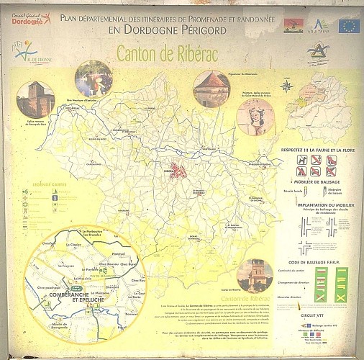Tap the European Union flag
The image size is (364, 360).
[x=349, y=27]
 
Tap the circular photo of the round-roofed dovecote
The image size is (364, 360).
[x=210, y=87]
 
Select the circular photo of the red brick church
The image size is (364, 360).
[x=35, y=99]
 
